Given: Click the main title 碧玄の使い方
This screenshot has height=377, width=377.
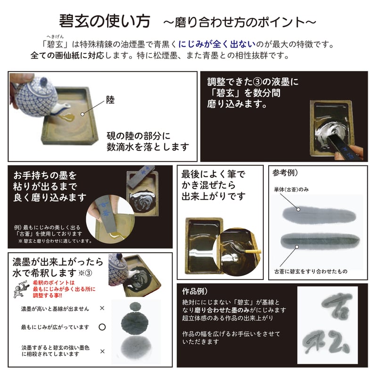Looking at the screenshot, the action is click(105, 21).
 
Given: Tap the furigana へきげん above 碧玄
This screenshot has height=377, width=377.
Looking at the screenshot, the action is click(55, 37).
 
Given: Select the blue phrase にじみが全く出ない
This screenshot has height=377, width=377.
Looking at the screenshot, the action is click(217, 44).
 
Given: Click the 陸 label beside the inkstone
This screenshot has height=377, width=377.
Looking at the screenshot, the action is click(110, 100).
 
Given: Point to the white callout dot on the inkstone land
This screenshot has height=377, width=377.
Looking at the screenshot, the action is click(82, 114).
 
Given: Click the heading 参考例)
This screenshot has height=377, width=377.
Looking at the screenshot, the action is click(285, 172).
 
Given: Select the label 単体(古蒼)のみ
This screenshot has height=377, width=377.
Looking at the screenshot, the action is click(291, 189).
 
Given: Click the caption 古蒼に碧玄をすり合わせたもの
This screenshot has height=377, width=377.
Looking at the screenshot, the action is click(311, 271).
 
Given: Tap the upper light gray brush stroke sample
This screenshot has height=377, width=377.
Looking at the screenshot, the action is click(319, 215).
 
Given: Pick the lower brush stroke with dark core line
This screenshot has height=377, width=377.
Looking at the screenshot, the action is click(320, 241).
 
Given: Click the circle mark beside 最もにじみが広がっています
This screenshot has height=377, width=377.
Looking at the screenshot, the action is click(102, 327).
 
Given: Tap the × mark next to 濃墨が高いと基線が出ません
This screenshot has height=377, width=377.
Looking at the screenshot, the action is click(102, 308).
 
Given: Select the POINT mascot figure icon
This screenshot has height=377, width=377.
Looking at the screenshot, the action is click(21, 289).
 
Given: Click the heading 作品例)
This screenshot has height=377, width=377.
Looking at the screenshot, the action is click(195, 291).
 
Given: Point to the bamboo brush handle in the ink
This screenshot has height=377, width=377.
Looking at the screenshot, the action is click(253, 252).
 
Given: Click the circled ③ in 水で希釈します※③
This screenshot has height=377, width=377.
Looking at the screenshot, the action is click(89, 273).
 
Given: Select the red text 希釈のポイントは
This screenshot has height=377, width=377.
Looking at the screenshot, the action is click(54, 282).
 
